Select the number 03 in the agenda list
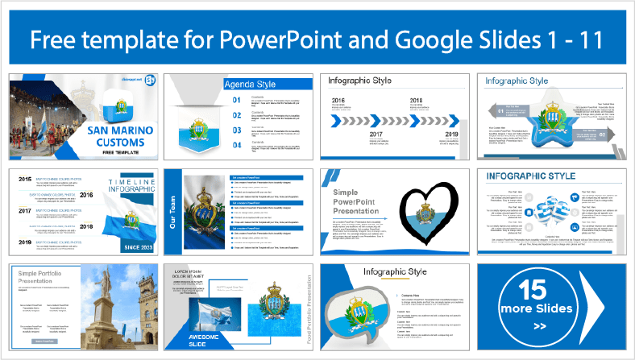[236, 130]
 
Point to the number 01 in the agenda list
[236, 101]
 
